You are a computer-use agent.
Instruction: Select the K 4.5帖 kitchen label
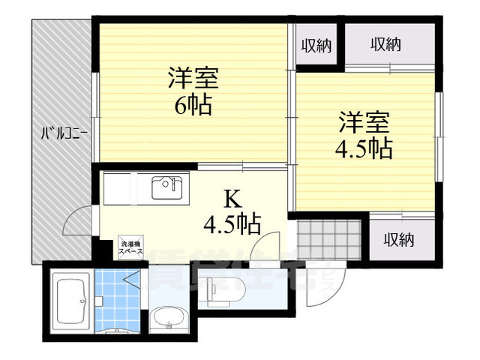(233, 211)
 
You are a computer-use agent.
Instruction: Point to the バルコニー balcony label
(64, 135)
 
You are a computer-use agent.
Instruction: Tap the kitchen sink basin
(167, 187)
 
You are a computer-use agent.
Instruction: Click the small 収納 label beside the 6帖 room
(316, 45)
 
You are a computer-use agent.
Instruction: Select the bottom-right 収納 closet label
(399, 240)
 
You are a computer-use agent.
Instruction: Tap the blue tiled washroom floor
(116, 300)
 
